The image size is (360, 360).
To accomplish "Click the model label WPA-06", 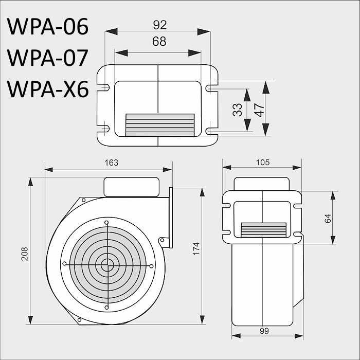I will pyautogui.click(x=48, y=27).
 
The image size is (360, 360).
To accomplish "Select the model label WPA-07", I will pyautogui.click(x=48, y=58).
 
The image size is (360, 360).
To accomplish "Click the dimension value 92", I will pyautogui.click(x=159, y=24).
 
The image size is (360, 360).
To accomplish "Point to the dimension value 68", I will pyautogui.click(x=159, y=42).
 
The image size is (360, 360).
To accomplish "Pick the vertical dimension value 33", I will pyautogui.click(x=238, y=110).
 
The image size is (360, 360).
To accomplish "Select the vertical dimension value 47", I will pyautogui.click(x=259, y=110).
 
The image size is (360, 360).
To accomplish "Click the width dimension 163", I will pyautogui.click(x=111, y=163).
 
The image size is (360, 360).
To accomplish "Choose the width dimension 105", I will pyautogui.click(x=262, y=163).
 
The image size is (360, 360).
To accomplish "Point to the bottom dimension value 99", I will pyautogui.click(x=264, y=332).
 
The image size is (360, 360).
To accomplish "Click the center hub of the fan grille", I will pyautogui.click(x=107, y=265).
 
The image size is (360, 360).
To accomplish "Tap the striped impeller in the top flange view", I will pyautogui.click(x=160, y=125).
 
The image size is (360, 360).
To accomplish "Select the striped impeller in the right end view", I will pyautogui.click(x=264, y=230).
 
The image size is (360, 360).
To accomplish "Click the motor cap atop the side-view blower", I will pyautogui.click(x=131, y=186).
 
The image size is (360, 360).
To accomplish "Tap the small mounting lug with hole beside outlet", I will pyautogui.click(x=163, y=241).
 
